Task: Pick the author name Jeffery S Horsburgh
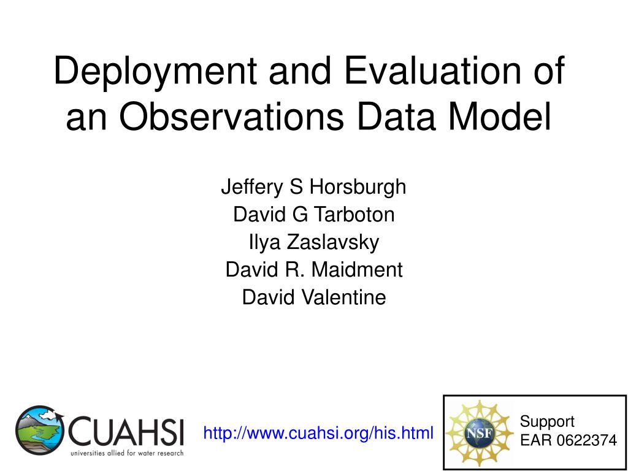coord(313,188)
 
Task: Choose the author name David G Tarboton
coord(313,214)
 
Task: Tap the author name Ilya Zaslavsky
coord(313,243)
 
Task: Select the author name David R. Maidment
coord(314,270)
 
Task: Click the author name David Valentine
coord(314,297)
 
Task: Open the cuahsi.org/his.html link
coord(318,434)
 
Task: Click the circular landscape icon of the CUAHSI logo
coord(39,430)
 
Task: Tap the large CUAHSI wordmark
coord(125,432)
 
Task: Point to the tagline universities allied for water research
coord(127,453)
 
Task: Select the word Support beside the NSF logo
coord(546,421)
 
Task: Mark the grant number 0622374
coord(589,440)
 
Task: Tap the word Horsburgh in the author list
coord(358,188)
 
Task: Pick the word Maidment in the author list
coord(358,270)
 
